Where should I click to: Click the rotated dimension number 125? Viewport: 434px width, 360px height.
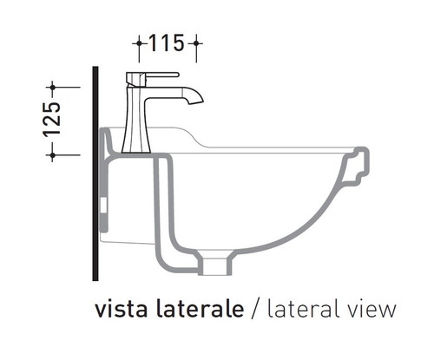click(x=51, y=120)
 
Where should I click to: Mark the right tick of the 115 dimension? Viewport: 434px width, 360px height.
click(x=197, y=41)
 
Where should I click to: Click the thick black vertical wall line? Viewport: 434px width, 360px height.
click(x=91, y=173)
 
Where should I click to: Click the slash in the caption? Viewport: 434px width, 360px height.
click(x=256, y=309)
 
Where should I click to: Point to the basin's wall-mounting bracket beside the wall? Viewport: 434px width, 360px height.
click(x=106, y=187)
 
